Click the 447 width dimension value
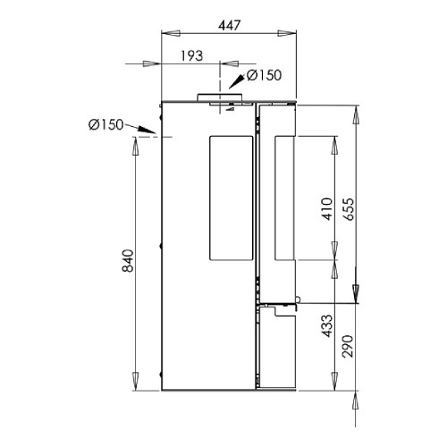click(229, 26)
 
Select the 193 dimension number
click(192, 55)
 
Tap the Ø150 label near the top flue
click(264, 75)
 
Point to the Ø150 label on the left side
click(105, 124)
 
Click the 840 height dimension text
click(129, 261)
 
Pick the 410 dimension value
click(327, 209)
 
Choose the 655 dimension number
click(349, 209)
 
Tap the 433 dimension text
click(327, 325)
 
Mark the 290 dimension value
click(348, 346)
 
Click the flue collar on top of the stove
click(219, 97)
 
